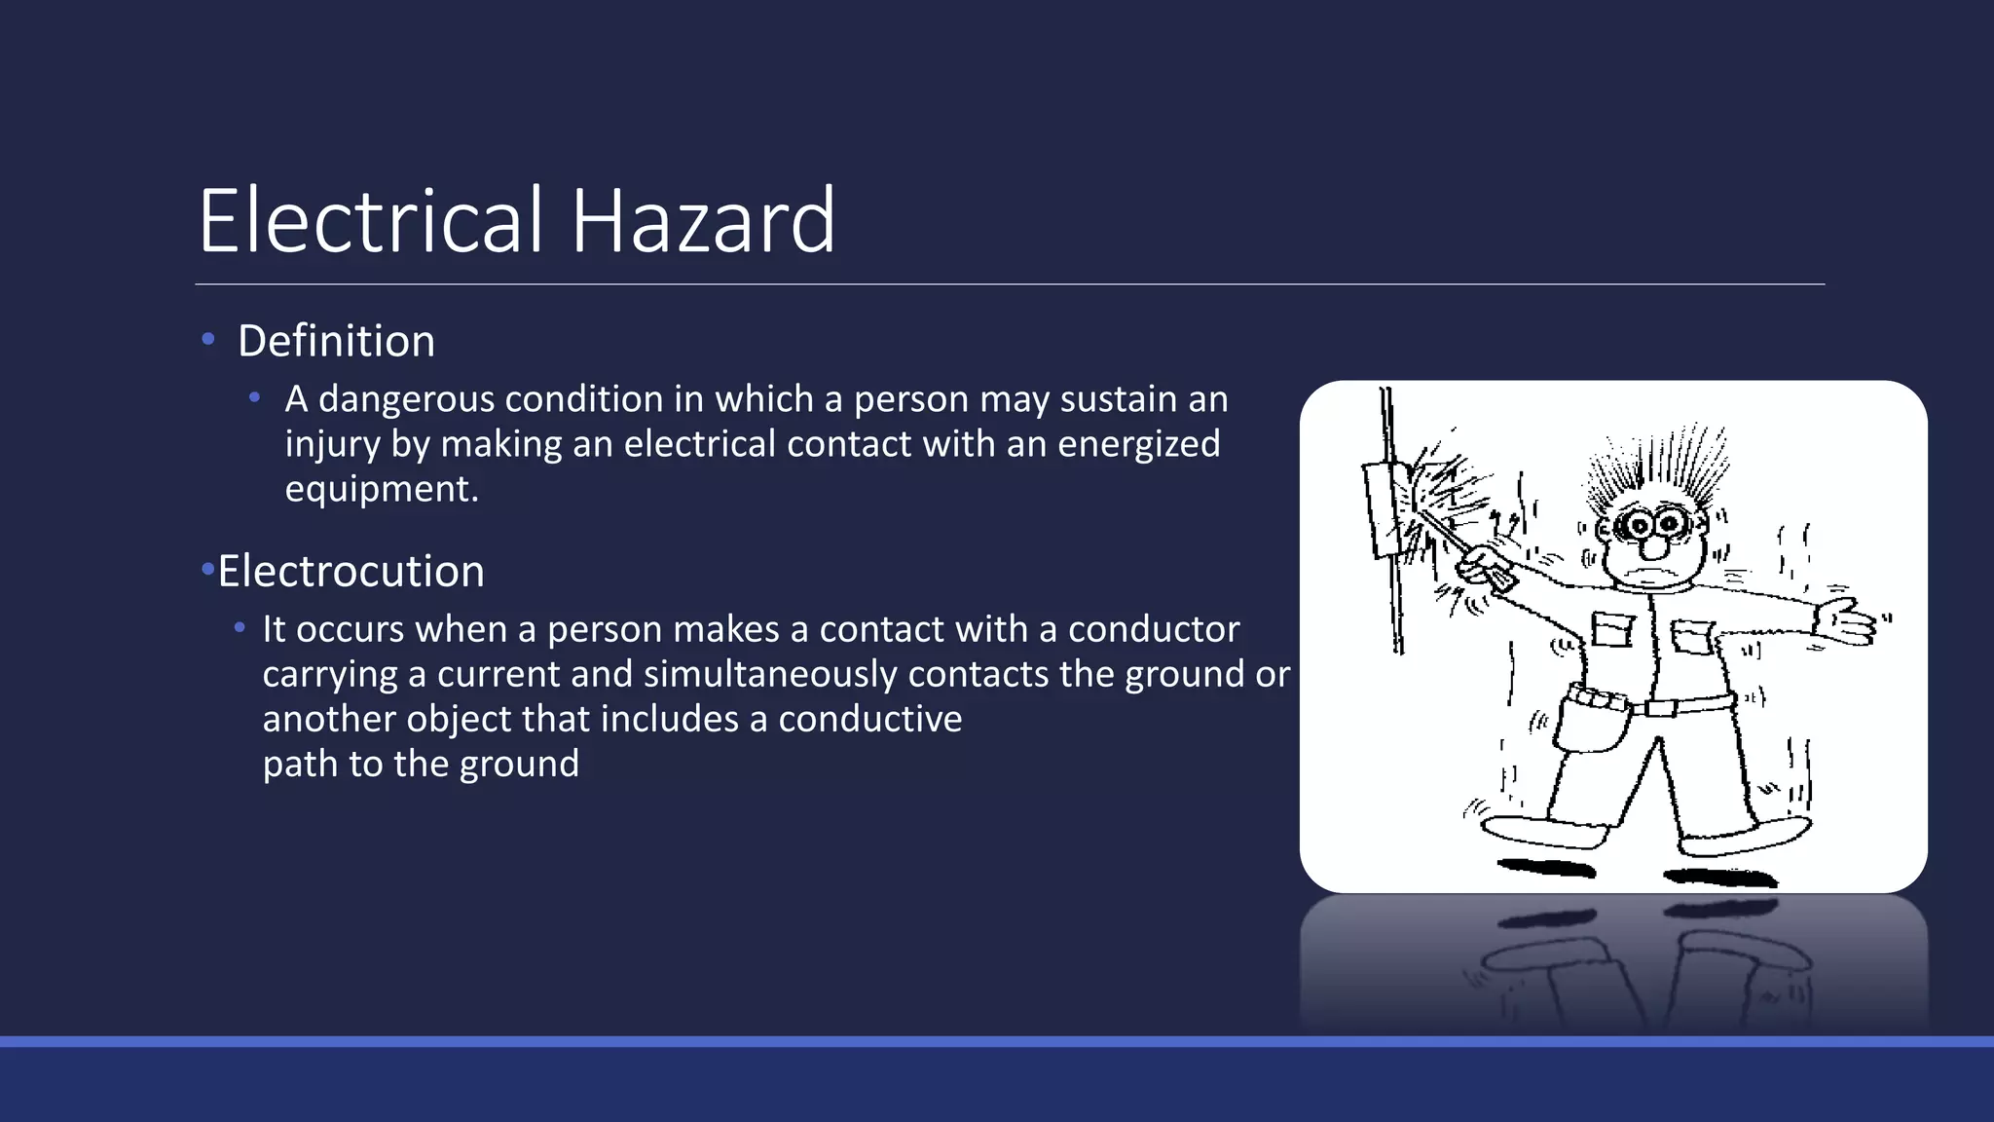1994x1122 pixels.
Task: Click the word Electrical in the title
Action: [370, 221]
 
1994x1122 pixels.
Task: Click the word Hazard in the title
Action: [702, 221]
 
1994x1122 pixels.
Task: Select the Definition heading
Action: [336, 341]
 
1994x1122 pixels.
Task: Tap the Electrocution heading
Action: [351, 571]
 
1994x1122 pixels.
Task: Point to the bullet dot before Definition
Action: [207, 339]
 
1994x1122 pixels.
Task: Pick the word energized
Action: [1138, 444]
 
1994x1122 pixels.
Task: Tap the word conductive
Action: [869, 719]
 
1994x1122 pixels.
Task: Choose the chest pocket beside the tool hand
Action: [1613, 628]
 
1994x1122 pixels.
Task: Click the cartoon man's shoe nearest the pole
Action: [1543, 831]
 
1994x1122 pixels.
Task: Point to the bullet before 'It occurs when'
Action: [240, 628]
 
